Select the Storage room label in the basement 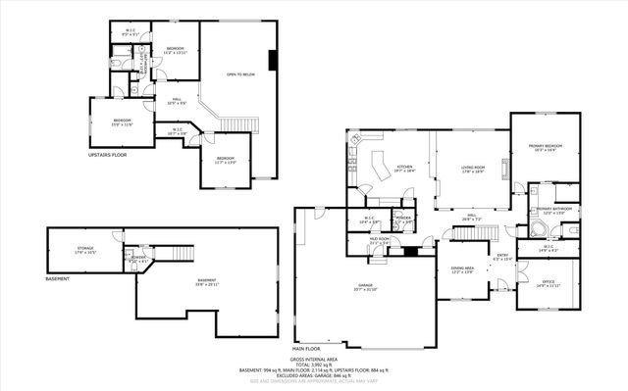[86, 251]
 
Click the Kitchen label [404, 169]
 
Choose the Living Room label [474, 169]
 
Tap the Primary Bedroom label [545, 148]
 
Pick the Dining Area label [462, 269]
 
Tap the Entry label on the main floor [502, 258]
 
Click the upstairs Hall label [179, 100]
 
